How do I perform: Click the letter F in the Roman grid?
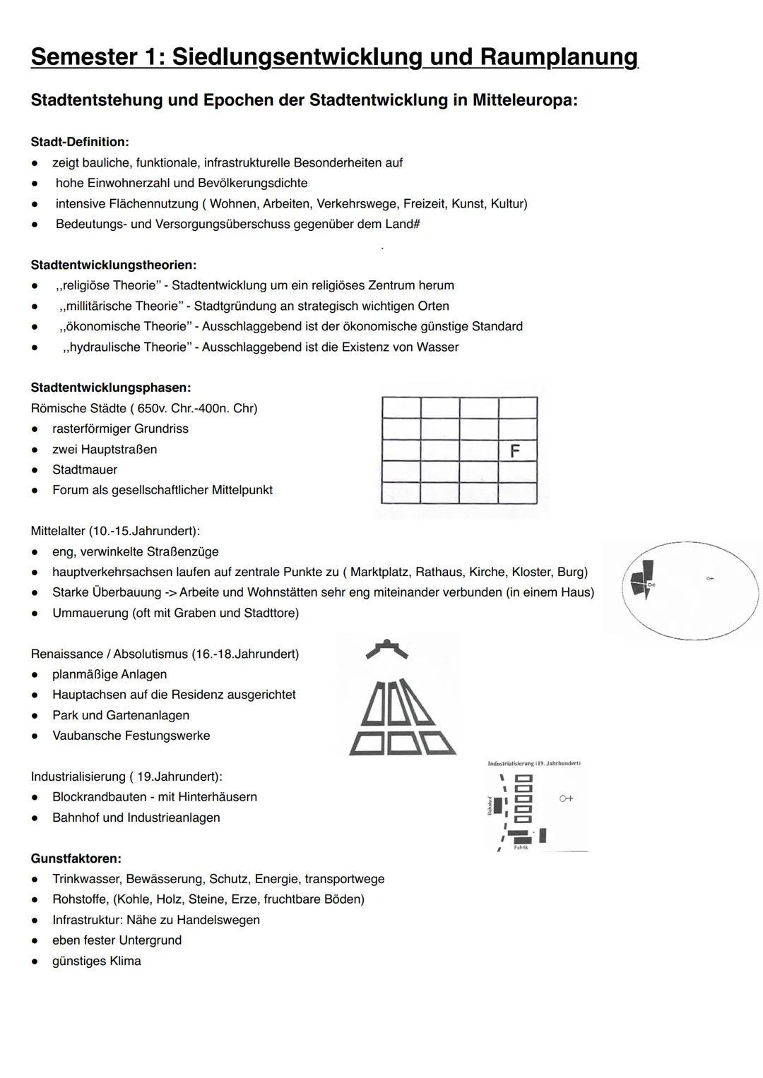[515, 451]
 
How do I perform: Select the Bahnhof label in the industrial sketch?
[489, 805]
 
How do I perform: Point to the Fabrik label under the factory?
[521, 847]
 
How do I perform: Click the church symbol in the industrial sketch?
[566, 798]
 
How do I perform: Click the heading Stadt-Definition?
[80, 142]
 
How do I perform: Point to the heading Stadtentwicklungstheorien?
[114, 265]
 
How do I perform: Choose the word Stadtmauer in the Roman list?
[85, 469]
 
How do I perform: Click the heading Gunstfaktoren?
[76, 858]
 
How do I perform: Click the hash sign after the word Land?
[416, 224]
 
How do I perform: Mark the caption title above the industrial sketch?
[534, 763]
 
